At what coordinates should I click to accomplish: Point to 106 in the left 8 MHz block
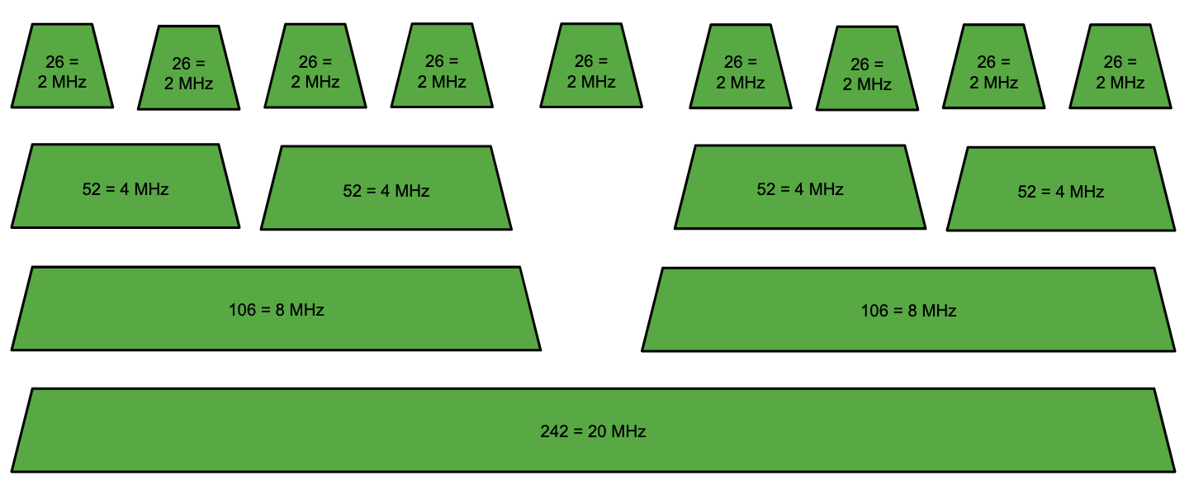click(x=243, y=310)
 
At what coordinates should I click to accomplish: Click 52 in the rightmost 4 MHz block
click(x=1027, y=192)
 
